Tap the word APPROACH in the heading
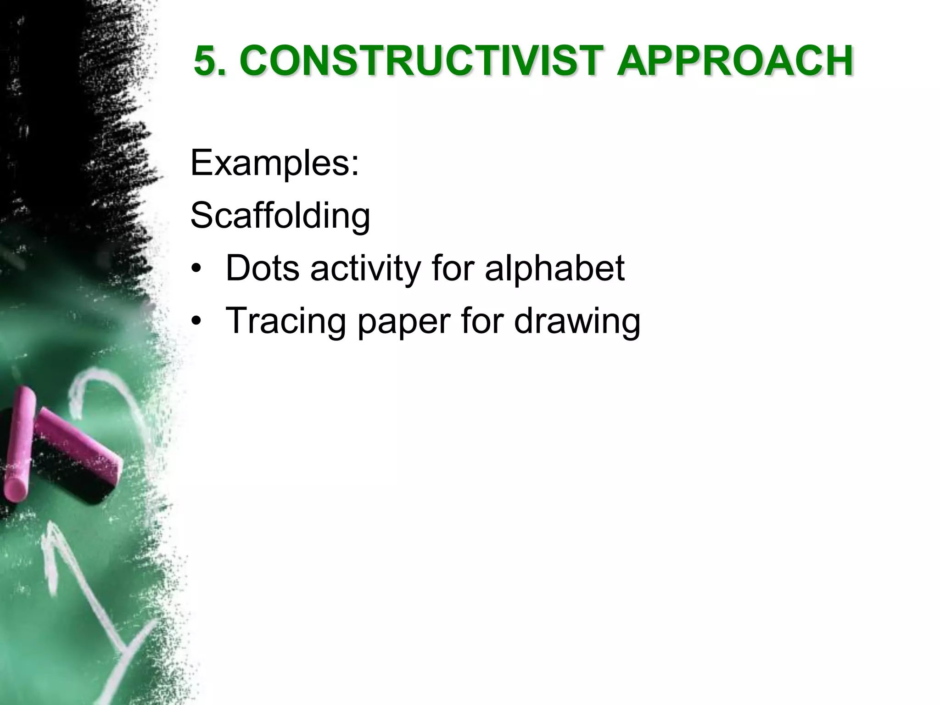pos(734,61)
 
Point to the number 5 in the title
pos(205,61)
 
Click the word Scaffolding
pos(280,215)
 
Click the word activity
pos(365,269)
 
